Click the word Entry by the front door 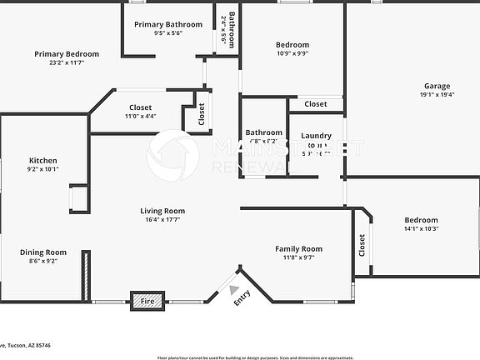[x=242, y=297]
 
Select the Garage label [x=437, y=86]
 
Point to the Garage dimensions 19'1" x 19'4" [x=437, y=95]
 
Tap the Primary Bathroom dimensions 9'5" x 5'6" [x=167, y=33]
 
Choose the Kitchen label [x=42, y=160]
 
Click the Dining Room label [x=43, y=252]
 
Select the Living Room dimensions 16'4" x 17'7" [x=162, y=220]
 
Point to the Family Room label [x=299, y=248]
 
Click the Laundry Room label [x=316, y=140]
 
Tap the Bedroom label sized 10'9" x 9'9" [x=292, y=44]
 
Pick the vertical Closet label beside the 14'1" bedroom [x=362, y=243]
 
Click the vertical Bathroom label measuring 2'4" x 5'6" [x=232, y=29]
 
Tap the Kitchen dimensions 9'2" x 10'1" [x=42, y=169]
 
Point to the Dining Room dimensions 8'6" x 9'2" [x=43, y=261]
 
